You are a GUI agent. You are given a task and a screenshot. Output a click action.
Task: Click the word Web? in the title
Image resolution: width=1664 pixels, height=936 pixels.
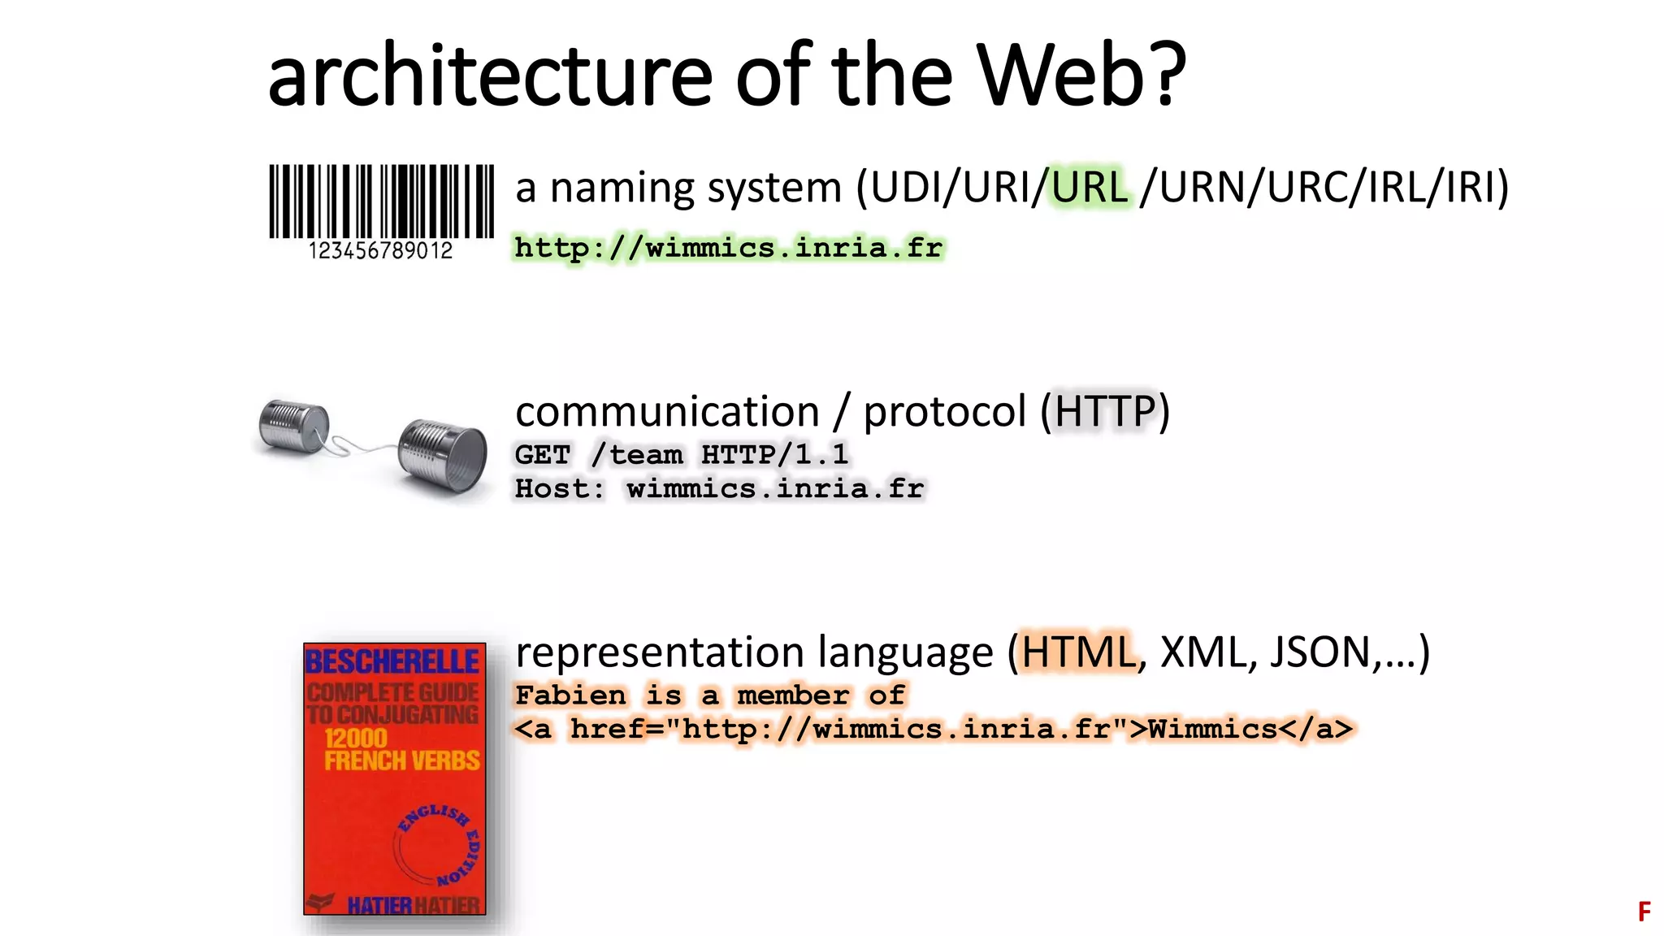tap(1081, 75)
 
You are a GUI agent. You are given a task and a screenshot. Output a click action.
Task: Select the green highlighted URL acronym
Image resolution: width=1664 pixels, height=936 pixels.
tap(1090, 187)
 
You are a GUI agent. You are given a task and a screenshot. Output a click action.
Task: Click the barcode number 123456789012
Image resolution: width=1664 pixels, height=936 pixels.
tap(380, 251)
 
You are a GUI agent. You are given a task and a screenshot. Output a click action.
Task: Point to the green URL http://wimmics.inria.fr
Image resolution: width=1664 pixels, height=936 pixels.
tap(729, 247)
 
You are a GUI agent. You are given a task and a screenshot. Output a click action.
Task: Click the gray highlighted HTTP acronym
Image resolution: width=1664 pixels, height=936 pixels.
tap(1105, 411)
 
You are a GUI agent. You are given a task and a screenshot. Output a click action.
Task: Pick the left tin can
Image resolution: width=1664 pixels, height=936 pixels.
tap(292, 426)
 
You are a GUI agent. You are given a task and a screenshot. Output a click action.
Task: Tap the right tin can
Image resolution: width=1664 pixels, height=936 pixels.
tap(443, 455)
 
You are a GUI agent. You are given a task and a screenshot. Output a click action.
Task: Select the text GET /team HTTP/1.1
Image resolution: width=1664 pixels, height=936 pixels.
tap(682, 454)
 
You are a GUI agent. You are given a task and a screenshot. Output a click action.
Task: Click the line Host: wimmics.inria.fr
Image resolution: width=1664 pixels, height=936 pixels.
tap(719, 488)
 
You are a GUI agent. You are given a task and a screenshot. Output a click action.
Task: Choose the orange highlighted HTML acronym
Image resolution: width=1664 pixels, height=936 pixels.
tap(1077, 652)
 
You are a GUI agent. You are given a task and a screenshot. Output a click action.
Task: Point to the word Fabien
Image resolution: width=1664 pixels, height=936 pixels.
tap(571, 695)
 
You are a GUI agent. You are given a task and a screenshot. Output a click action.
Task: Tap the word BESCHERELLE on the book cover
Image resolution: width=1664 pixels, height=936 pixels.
tap(392, 662)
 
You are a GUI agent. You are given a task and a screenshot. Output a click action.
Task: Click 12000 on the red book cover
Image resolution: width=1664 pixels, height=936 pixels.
tap(356, 738)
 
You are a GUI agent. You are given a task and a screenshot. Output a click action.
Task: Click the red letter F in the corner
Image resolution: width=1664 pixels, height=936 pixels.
tap(1644, 912)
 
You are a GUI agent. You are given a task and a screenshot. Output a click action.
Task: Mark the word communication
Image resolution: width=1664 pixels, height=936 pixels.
tap(667, 411)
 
